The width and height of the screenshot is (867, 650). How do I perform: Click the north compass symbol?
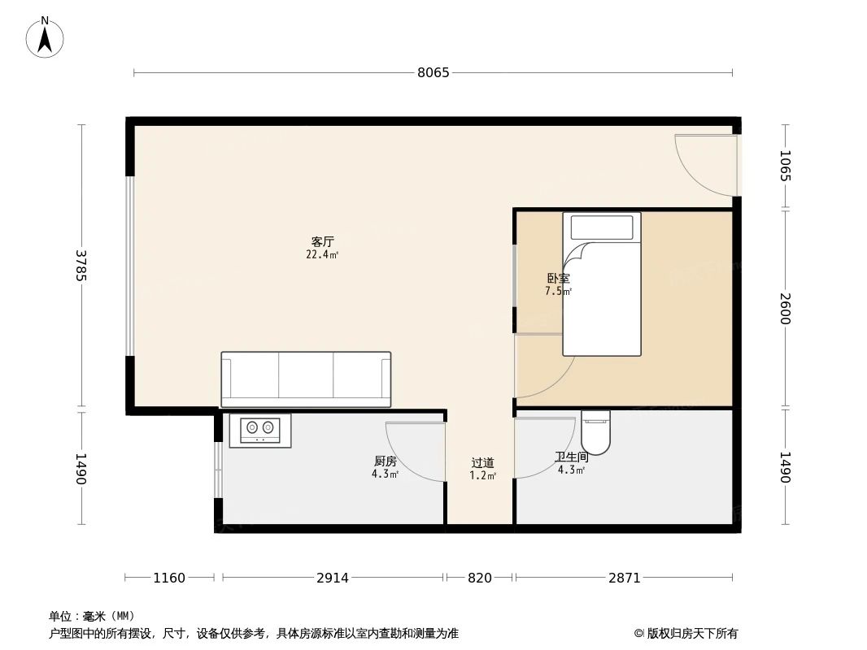click(45, 37)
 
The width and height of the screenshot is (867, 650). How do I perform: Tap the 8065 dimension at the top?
click(433, 72)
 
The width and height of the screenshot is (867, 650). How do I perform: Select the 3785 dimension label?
click(81, 266)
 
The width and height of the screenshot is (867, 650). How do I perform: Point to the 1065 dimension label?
click(785, 166)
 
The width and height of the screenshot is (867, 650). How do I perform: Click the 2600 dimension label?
click(785, 308)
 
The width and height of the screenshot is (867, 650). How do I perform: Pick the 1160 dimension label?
click(169, 578)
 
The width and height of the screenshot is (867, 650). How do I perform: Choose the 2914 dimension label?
click(333, 578)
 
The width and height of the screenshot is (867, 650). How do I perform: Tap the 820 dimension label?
click(480, 578)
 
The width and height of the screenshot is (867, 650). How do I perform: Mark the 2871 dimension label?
click(625, 578)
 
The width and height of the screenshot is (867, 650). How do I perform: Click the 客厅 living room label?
click(323, 242)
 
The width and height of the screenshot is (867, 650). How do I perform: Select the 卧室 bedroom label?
click(558, 279)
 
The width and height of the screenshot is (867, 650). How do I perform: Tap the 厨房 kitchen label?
click(385, 461)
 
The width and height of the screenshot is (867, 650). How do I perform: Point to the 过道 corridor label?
click(482, 463)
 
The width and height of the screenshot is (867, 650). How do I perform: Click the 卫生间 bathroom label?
click(571, 457)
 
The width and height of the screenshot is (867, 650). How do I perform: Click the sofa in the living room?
click(306, 379)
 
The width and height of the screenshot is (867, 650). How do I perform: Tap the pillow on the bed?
click(602, 227)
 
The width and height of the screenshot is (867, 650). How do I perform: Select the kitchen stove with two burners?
click(260, 430)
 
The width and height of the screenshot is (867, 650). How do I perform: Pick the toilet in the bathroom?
click(595, 431)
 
